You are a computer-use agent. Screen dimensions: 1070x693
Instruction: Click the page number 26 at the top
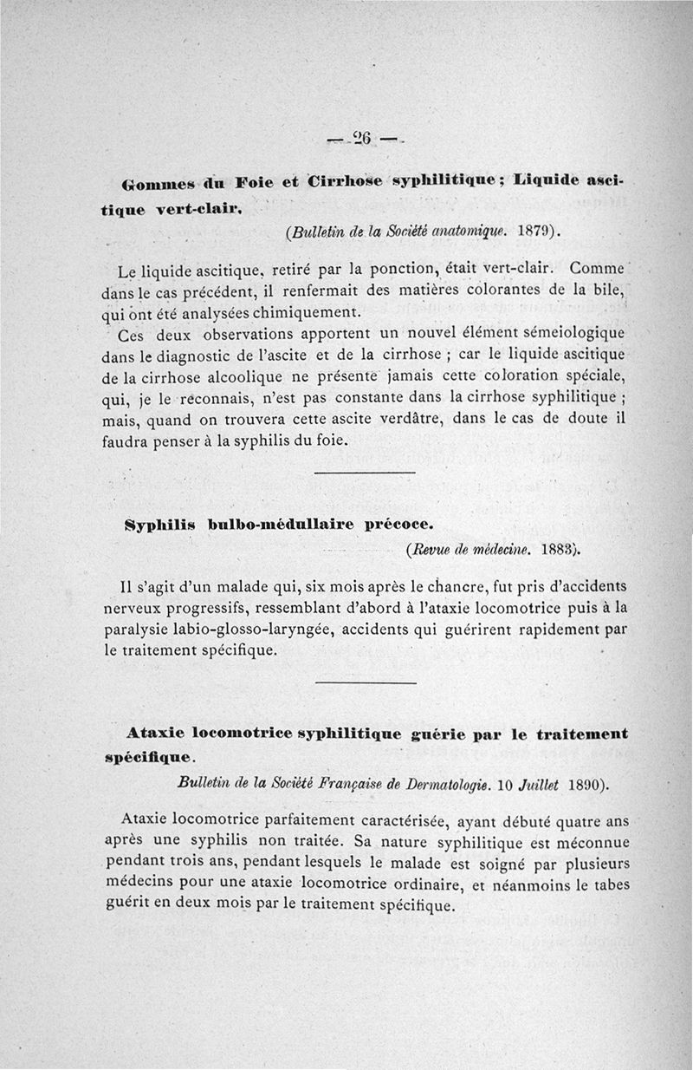coord(361,138)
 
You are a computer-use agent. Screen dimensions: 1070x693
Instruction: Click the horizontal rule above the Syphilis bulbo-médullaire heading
coord(364,473)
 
